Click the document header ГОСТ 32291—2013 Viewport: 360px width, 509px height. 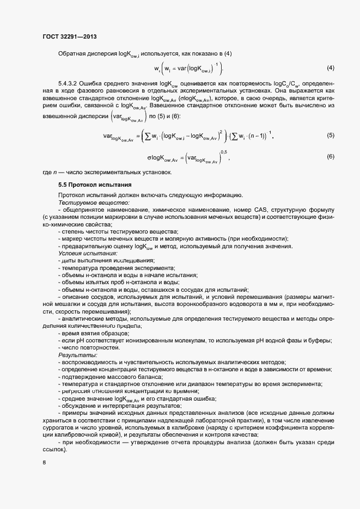point(70,36)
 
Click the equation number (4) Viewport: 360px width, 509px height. point(330,68)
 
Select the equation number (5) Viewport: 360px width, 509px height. point(330,136)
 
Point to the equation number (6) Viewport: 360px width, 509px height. point(330,157)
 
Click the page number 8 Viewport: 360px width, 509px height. point(44,463)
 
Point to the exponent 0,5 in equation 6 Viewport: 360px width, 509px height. point(223,151)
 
